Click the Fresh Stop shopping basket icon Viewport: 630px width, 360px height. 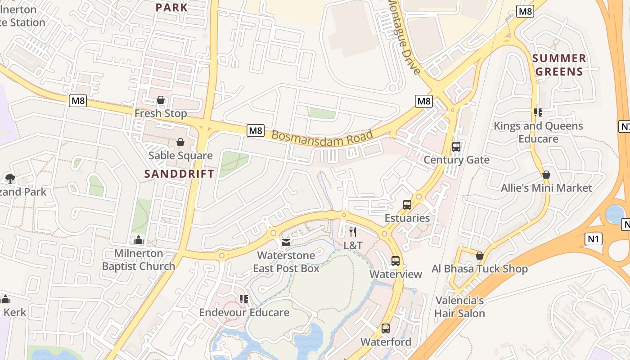click(161, 100)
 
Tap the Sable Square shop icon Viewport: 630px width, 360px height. click(180, 142)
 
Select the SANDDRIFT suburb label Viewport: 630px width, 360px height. click(179, 174)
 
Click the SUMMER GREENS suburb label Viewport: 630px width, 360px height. click(559, 65)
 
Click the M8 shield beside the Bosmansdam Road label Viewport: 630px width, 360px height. click(256, 130)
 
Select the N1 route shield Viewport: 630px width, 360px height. click(594, 239)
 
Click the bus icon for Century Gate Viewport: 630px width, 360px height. click(456, 146)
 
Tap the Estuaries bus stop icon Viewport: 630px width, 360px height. click(407, 205)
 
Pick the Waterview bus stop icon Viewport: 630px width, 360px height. click(396, 261)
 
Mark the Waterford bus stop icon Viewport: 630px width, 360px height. click(386, 328)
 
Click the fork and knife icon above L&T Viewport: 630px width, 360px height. click(353, 232)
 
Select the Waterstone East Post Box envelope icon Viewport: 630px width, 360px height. click(286, 243)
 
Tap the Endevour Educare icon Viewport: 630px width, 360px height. click(244, 299)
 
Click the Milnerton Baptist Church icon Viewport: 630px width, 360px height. click(139, 240)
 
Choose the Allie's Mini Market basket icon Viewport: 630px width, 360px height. click(546, 175)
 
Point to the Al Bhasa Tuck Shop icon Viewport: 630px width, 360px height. click(480, 256)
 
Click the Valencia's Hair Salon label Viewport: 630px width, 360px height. click(459, 307)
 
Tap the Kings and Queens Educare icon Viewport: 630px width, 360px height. click(538, 112)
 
